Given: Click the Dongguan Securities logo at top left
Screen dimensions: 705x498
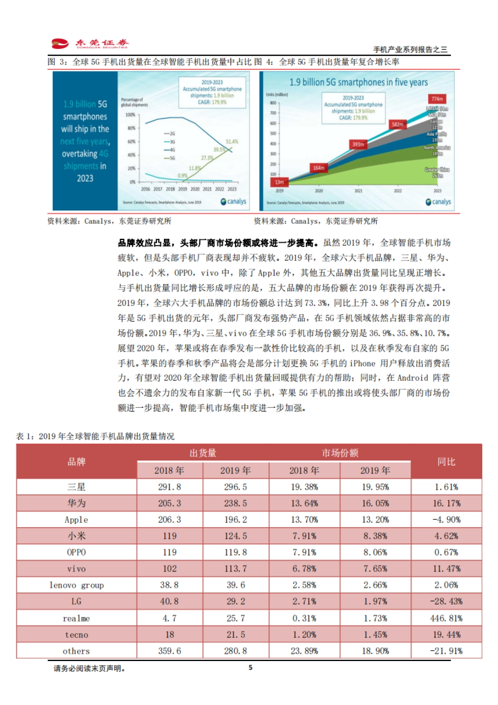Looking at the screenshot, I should point(90,44).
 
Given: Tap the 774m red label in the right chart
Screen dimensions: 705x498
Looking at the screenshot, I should point(437,99).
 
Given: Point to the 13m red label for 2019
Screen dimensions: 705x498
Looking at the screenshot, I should point(279,182).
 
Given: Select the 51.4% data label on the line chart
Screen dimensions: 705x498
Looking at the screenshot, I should point(232,142).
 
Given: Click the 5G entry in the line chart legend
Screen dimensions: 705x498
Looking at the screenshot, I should point(170,158).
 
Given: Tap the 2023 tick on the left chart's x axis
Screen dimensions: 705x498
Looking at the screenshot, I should point(232,189).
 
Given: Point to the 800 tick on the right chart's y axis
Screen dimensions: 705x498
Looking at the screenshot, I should point(273,103).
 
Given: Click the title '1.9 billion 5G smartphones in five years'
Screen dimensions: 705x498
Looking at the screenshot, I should point(359,82).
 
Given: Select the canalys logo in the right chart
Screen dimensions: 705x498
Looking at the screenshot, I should point(438,202).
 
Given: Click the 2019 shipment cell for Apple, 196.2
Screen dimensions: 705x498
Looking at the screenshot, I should point(235,519).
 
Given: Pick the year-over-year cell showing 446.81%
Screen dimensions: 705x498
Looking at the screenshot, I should point(446,618).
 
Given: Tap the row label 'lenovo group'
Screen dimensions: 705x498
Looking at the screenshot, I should point(76,585).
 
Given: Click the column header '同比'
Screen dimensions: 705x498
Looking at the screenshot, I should point(446,462).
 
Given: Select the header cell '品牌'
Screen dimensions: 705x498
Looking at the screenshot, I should point(76,462).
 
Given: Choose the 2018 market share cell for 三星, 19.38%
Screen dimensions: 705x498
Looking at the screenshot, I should point(304,487).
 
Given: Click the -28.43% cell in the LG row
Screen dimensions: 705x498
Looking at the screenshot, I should point(446,602).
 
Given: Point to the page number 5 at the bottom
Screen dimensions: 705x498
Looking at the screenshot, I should point(250,668).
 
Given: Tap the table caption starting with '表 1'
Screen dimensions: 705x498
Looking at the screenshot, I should point(95,436).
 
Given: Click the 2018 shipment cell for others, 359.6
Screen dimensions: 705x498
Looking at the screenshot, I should point(169,651).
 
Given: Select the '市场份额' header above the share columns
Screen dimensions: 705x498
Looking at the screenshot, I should point(340,453).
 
